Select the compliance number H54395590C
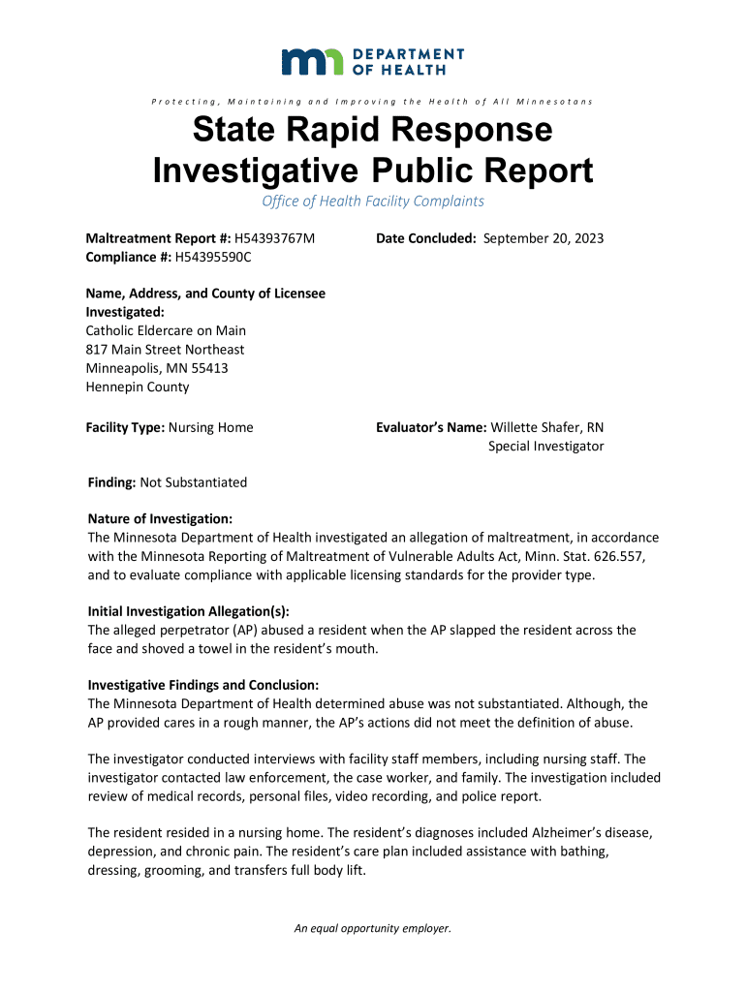coord(212,257)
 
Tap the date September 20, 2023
coord(544,238)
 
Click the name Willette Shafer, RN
coord(547,427)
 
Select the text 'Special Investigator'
coord(545,446)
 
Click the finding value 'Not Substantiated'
coord(194,482)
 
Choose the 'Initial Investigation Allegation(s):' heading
coord(188,611)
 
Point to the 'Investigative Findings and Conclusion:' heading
coord(202,684)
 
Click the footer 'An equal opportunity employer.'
coord(373,928)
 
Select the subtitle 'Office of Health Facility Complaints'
coord(373,201)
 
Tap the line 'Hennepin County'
coord(138,387)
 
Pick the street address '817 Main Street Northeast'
coord(166,349)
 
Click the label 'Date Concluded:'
coord(426,238)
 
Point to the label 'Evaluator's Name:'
coord(431,427)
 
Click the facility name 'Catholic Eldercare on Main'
coord(166,330)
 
